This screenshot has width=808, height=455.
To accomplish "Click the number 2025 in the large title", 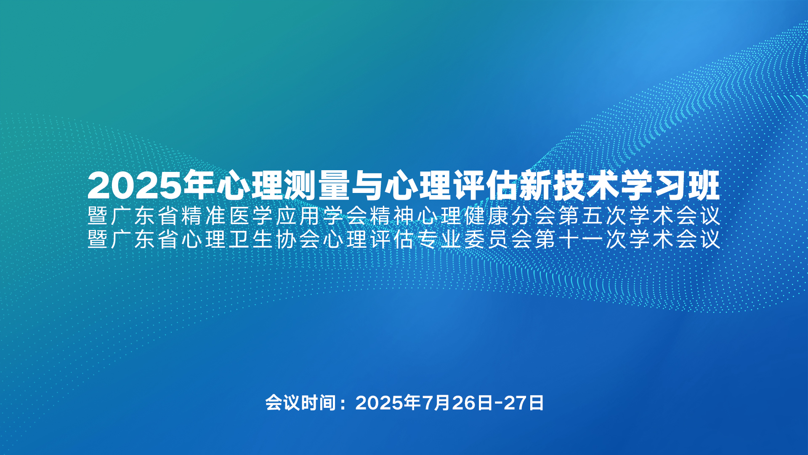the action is tap(135, 186).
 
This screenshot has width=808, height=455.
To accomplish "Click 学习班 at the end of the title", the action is tap(670, 186).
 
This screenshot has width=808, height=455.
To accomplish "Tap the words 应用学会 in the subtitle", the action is tap(322, 216).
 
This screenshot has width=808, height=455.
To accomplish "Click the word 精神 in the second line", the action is tap(392, 216).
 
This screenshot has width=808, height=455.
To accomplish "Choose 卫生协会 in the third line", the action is tap(274, 239).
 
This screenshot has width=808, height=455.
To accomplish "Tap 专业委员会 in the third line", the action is tap(475, 239).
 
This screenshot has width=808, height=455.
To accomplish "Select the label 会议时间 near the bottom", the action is tap(300, 403).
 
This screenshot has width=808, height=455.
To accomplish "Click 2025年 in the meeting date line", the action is tap(388, 403).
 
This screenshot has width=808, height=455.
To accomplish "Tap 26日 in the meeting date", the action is tap(472, 403).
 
